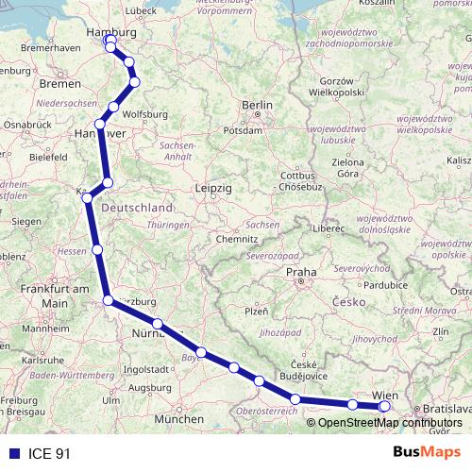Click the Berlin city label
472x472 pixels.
pos(257,106)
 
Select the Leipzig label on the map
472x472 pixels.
pos(212,188)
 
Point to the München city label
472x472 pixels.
pos(179,419)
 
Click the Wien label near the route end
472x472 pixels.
pos(386,395)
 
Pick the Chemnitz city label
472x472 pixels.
pos(236,240)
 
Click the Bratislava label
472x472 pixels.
pos(447,408)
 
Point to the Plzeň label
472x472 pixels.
pos(257,311)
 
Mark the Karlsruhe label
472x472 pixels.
pos(42,360)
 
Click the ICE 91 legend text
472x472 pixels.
pos(49,453)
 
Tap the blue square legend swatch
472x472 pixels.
pos(14,453)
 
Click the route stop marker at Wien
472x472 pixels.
pos(384,406)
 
